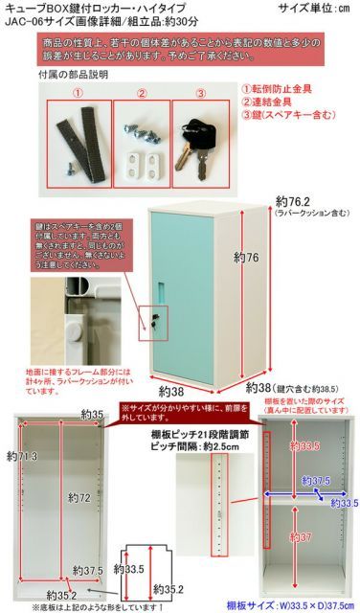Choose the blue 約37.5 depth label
(315, 481)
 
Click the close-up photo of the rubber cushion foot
(67, 321)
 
